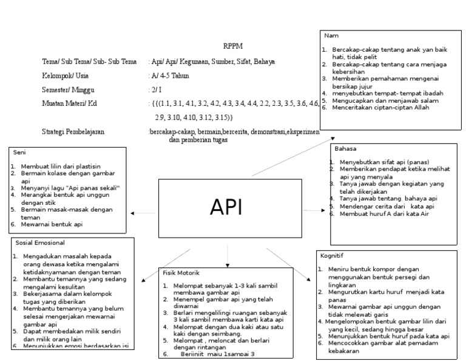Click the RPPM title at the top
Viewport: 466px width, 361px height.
pos(232,46)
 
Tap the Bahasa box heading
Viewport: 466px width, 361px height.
pos(345,148)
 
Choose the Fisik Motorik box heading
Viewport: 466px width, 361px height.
pos(181,272)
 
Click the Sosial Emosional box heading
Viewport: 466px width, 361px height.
pos(40,242)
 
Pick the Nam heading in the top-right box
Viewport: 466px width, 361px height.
pos(331,35)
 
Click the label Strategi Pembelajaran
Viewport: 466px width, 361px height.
pos(73,131)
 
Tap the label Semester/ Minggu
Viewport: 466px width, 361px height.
pos(67,89)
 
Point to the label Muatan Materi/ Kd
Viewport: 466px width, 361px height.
pos(69,103)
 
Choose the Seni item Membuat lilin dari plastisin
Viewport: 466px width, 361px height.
pos(60,166)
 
